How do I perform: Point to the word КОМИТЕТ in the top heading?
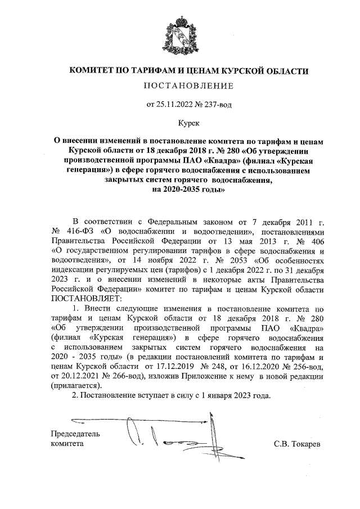pos(90,71)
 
